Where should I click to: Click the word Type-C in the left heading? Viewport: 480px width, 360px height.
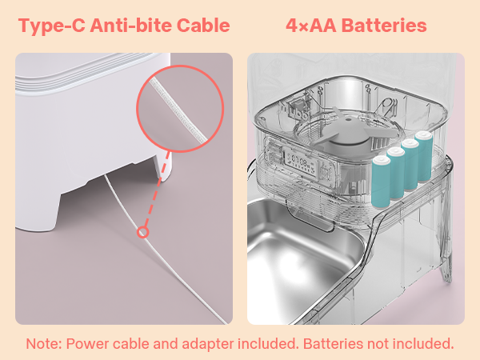coord(52,26)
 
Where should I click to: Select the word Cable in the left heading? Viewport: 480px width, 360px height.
coord(203,25)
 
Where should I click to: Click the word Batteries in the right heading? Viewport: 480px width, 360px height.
coord(384,25)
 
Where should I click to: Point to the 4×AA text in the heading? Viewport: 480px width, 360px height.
coord(311,25)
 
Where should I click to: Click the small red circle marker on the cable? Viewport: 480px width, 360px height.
coord(142,232)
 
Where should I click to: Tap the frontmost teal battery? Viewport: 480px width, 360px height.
coord(381,182)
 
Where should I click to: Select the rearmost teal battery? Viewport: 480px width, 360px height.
coord(424,157)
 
